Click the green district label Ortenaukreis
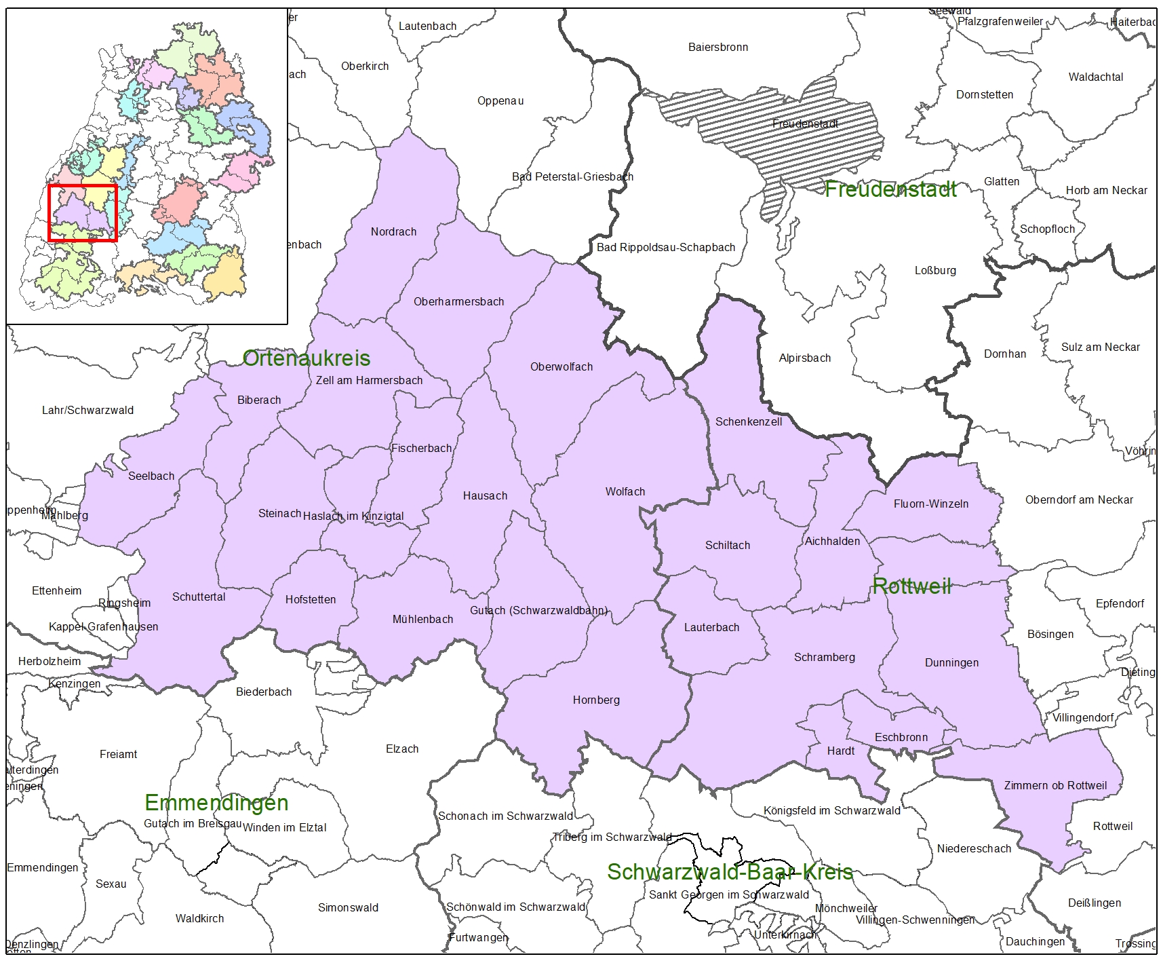(x=307, y=358)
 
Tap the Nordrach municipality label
(x=393, y=231)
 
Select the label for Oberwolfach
(x=561, y=366)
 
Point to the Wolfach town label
(x=625, y=491)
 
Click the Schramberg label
(x=824, y=657)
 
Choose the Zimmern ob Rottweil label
(x=1055, y=785)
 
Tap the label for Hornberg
(x=595, y=700)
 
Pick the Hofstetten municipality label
(x=310, y=599)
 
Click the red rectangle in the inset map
(x=83, y=212)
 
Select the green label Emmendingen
(x=216, y=802)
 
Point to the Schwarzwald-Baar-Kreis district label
(x=729, y=871)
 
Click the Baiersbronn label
(x=717, y=47)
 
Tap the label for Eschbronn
(x=901, y=737)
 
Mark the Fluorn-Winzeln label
(x=930, y=504)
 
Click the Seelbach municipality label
(x=151, y=476)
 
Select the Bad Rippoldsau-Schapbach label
(x=665, y=247)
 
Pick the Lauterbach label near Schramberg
(x=711, y=627)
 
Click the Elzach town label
(x=401, y=749)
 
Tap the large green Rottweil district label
(x=911, y=586)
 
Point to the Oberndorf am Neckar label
(x=1078, y=499)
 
